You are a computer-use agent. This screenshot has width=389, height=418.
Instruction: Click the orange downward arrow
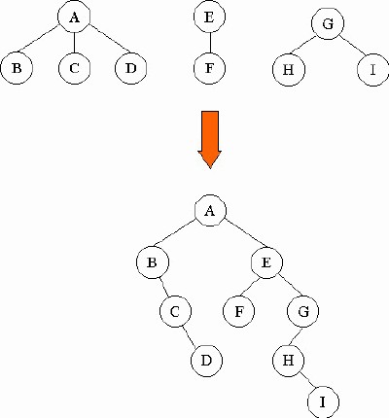[210, 139]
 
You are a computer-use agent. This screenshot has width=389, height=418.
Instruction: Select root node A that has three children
[74, 17]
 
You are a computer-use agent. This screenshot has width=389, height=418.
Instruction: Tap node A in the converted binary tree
[210, 211]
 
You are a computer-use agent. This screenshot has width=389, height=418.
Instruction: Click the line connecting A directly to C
[74, 43]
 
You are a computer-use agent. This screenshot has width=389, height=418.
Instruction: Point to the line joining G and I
[353, 46]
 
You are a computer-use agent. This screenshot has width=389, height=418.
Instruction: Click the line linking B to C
[164, 287]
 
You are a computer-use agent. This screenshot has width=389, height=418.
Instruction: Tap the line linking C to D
[190, 336]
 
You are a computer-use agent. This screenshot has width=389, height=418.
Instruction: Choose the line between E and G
[290, 286]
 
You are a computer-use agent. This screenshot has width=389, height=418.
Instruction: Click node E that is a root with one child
[209, 17]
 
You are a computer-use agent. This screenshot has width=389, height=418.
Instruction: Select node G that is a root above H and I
[328, 23]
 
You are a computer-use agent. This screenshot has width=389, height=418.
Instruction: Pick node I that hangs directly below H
[323, 401]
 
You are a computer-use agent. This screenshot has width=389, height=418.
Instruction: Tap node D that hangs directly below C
[206, 361]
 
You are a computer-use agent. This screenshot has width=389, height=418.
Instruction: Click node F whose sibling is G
[238, 311]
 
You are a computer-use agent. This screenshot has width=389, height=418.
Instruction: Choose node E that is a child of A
[266, 262]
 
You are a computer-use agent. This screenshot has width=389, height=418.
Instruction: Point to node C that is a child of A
[74, 68]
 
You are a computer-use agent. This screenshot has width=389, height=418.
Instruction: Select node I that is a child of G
[373, 70]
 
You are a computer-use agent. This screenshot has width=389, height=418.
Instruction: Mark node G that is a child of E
[303, 311]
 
